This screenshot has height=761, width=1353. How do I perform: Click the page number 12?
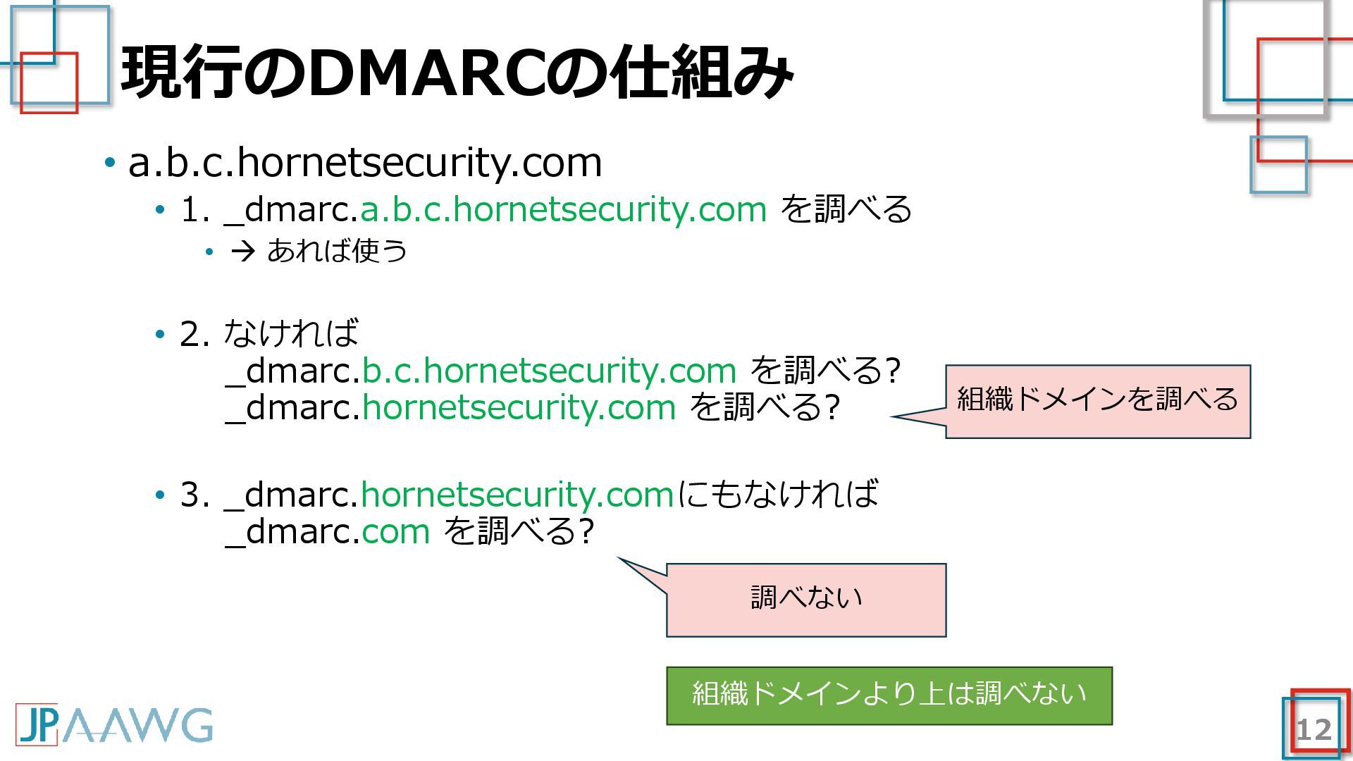tap(1314, 730)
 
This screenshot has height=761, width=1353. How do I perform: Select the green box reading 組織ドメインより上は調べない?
tap(889, 695)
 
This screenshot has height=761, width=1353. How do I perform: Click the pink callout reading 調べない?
tap(805, 600)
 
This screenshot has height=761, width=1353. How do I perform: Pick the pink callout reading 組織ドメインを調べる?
tap(1097, 401)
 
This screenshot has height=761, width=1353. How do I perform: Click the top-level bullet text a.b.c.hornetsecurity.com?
tap(365, 163)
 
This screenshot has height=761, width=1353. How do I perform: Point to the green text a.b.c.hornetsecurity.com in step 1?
tap(563, 209)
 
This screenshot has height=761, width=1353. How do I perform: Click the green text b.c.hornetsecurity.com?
tap(549, 371)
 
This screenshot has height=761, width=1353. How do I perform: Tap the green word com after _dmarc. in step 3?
tap(395, 531)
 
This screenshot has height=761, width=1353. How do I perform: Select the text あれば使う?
tap(337, 251)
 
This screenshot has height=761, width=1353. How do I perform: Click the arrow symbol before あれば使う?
tap(242, 252)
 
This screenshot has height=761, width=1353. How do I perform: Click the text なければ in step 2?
tap(290, 333)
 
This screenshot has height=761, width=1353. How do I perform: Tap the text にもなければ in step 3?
tap(777, 494)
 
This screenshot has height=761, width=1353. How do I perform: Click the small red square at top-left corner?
tap(49, 82)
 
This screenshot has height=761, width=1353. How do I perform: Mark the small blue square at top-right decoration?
tap(1278, 165)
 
